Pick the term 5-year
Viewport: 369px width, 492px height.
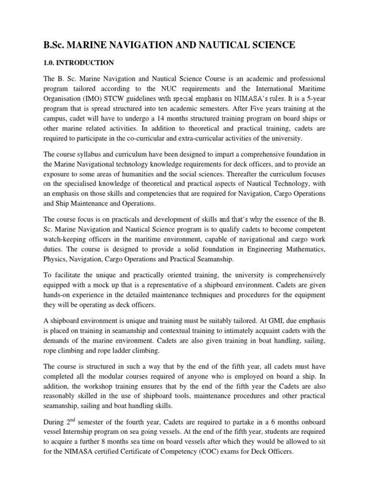pos(313,99)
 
